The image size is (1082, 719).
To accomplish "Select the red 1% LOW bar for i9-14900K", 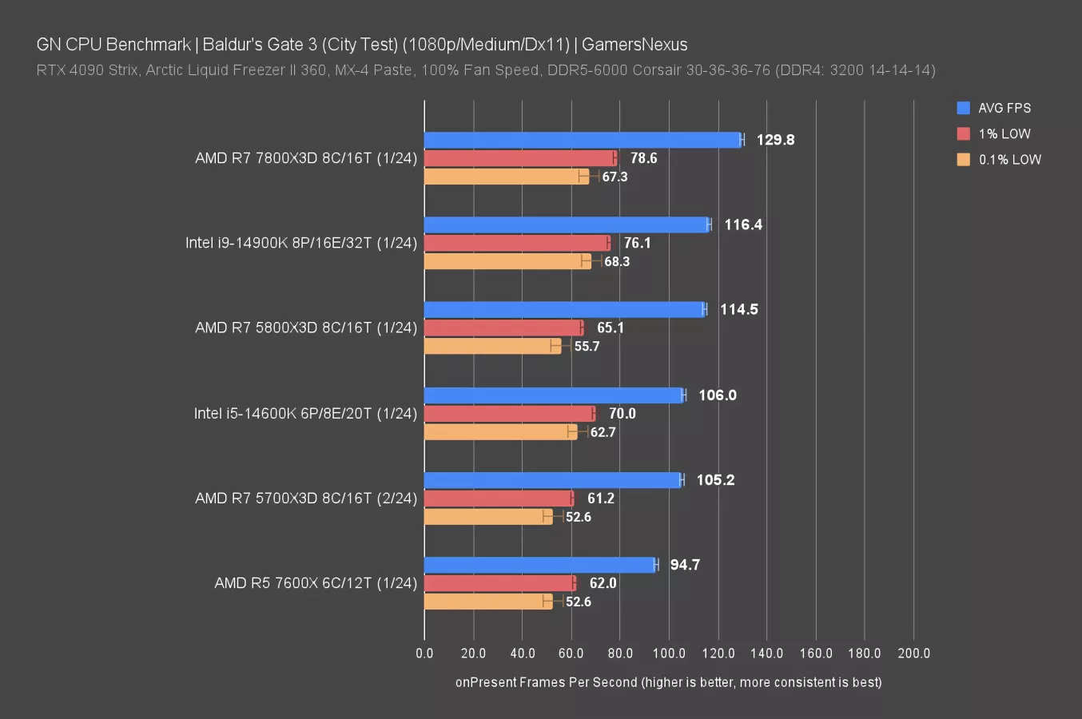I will (517, 243).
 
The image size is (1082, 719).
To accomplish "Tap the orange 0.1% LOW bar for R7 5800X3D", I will (492, 346).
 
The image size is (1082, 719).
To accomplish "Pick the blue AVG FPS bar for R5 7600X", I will (540, 565).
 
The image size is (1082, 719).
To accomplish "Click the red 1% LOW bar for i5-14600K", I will (509, 413).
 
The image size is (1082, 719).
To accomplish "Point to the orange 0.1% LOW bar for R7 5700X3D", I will (488, 517).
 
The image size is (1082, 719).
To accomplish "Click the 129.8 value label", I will (775, 140).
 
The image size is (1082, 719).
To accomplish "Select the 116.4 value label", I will (743, 224).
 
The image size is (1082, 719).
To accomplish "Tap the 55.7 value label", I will (587, 346).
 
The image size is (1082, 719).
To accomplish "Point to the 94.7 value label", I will (685, 565).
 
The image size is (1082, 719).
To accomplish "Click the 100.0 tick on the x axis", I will (669, 653).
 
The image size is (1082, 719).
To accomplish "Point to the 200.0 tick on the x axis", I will (913, 653).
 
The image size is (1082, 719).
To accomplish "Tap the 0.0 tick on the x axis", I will (424, 653).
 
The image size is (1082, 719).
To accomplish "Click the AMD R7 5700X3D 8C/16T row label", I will (306, 499).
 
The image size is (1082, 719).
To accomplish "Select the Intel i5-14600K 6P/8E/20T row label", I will (305, 413).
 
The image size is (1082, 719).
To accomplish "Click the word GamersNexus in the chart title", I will (634, 45).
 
